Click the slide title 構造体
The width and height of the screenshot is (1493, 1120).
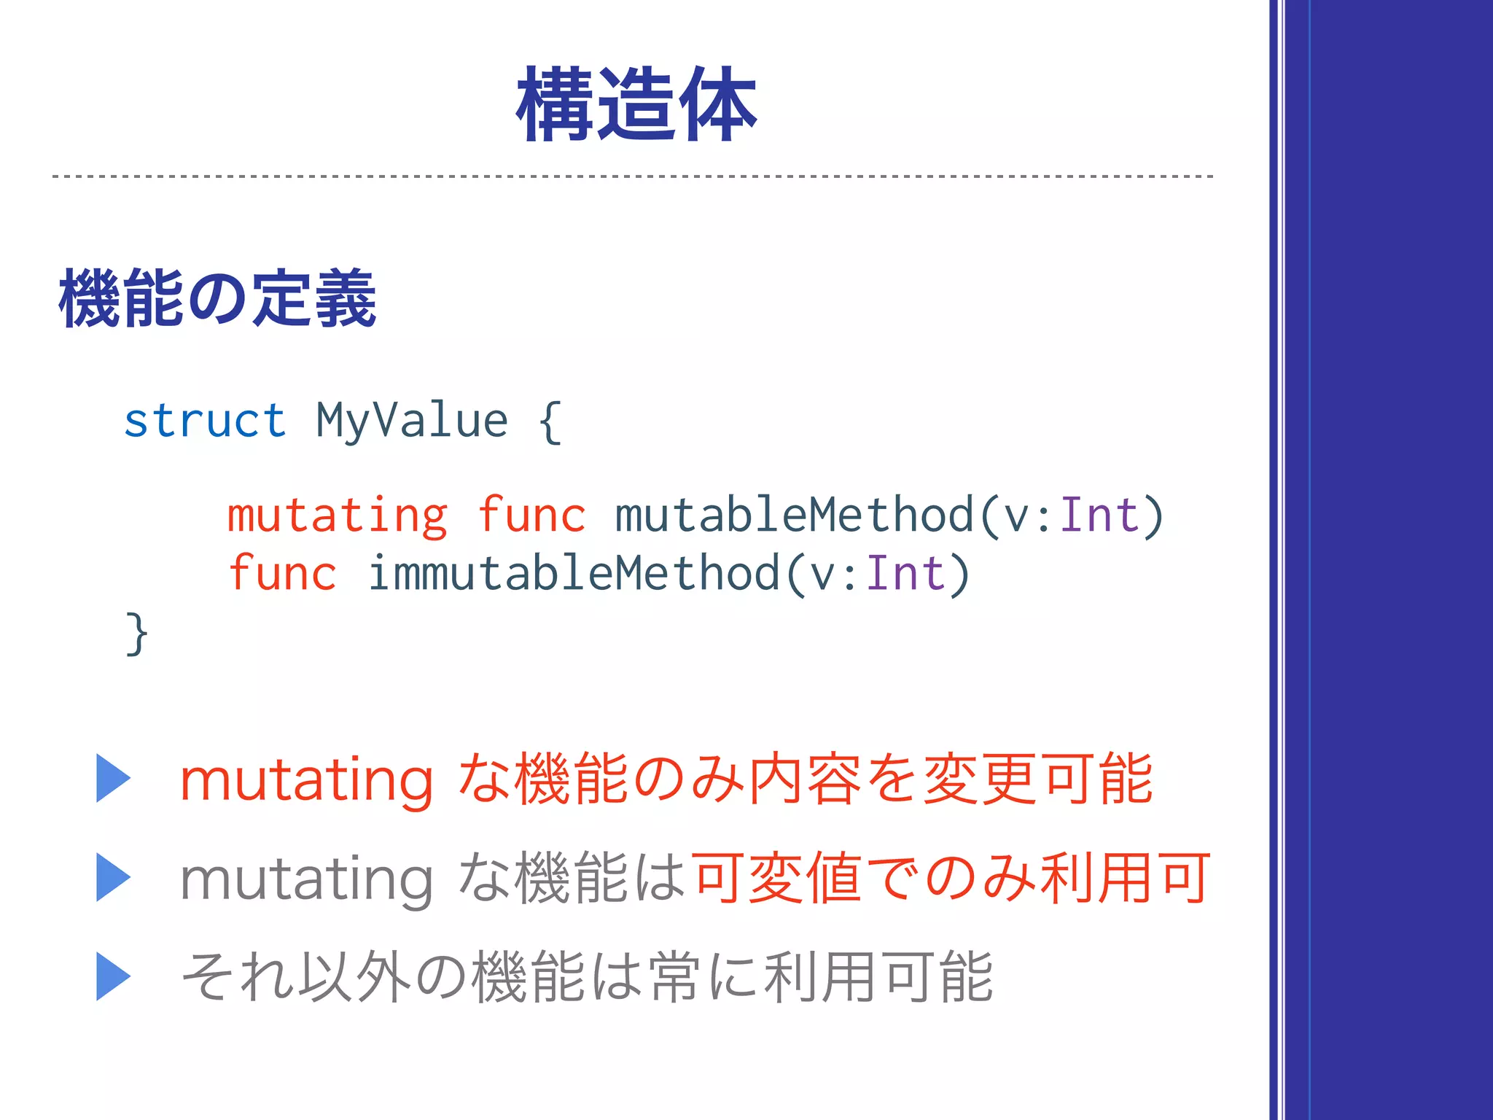[636, 104]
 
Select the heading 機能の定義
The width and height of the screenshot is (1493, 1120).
[217, 298]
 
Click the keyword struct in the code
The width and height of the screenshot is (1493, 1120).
[205, 421]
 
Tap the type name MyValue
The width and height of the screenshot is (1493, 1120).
[411, 421]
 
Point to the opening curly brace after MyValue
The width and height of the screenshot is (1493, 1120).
[550, 421]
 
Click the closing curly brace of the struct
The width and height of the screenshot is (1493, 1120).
[137, 634]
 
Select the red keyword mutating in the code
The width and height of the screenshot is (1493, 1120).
[337, 516]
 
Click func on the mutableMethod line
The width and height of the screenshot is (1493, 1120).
[531, 516]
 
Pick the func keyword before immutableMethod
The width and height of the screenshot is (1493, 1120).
[283, 573]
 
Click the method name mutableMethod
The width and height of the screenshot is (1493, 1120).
[795, 516]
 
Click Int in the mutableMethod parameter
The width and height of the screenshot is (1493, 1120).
[1099, 516]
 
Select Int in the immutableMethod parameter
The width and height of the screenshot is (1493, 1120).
[905, 573]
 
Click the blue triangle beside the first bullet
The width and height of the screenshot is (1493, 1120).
[113, 778]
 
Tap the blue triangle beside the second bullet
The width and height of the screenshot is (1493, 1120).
[113, 877]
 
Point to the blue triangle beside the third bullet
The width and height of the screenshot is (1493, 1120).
[113, 976]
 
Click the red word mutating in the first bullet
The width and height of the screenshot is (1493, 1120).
[306, 780]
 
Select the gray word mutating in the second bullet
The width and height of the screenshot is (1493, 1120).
[306, 879]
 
